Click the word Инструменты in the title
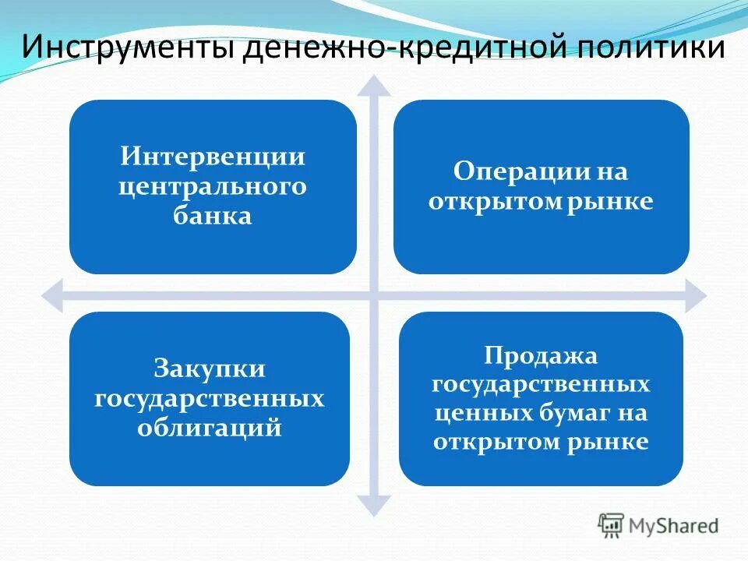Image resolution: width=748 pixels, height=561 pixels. point(124,48)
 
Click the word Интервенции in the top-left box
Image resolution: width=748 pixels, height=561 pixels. point(212,157)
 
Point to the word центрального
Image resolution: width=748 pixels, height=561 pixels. point(212,186)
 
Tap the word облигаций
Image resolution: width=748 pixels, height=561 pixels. point(209,427)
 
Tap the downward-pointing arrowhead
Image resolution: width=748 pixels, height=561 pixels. point(375,507)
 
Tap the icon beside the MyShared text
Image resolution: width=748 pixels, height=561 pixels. point(611,524)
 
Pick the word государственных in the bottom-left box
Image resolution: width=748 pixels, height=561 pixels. point(209,398)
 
